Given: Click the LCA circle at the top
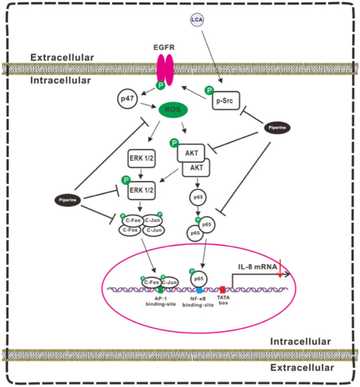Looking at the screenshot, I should [196, 20].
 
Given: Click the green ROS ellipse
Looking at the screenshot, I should [172, 109].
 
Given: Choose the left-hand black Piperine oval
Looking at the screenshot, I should [66, 199].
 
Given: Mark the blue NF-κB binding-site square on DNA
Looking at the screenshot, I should [199, 291].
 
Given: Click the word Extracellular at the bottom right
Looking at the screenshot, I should [302, 368].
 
